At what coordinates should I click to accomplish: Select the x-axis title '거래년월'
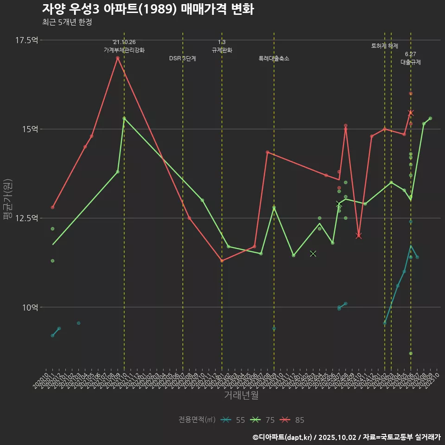[x=241, y=395]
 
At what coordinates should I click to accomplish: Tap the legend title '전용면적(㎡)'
[x=197, y=420]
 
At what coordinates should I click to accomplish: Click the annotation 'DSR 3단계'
[x=183, y=58]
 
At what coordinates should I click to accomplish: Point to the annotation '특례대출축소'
[x=273, y=58]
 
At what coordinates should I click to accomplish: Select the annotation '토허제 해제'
[x=384, y=46]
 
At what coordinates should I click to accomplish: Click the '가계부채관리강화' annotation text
[x=124, y=50]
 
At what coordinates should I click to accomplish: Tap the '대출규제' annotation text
[x=411, y=62]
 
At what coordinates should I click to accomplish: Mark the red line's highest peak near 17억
[x=118, y=58]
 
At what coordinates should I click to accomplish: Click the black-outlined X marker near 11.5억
[x=313, y=254]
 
